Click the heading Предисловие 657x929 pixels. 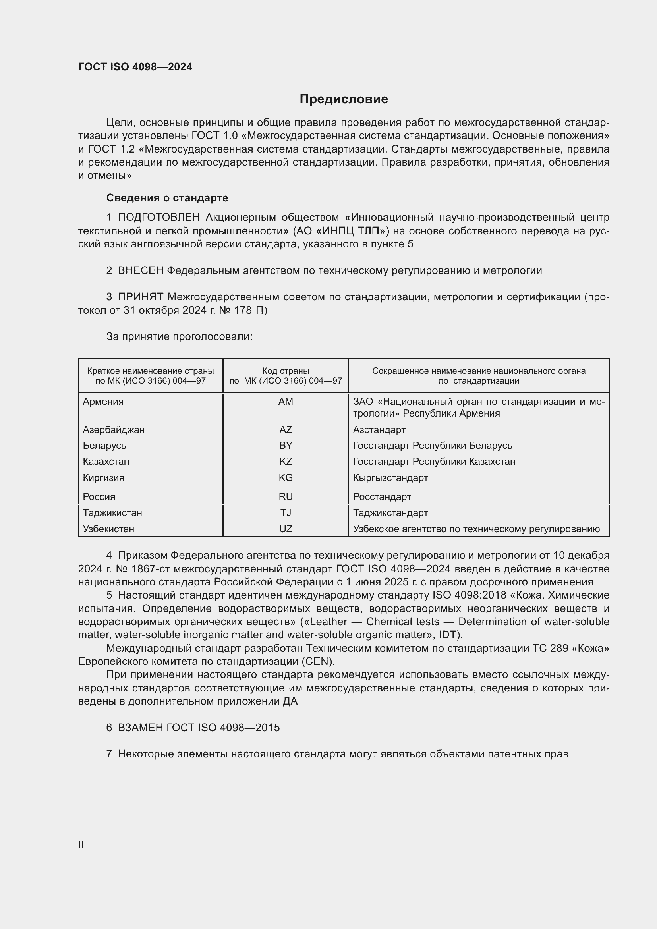(344, 99)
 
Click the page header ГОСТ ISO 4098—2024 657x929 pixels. (135, 67)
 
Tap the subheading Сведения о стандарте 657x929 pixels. (167, 198)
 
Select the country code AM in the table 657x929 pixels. (286, 402)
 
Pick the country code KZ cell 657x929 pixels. (286, 461)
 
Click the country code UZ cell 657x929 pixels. (286, 529)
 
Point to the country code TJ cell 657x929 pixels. (286, 513)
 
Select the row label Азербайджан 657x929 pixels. (114, 429)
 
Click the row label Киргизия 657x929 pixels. (104, 477)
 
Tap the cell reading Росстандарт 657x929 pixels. (382, 496)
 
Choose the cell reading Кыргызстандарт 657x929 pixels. (390, 477)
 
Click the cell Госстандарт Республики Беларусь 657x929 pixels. (433, 446)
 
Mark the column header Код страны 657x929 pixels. (286, 371)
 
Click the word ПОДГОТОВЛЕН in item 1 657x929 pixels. (158, 218)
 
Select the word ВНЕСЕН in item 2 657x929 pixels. (140, 271)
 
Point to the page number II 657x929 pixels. (81, 845)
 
